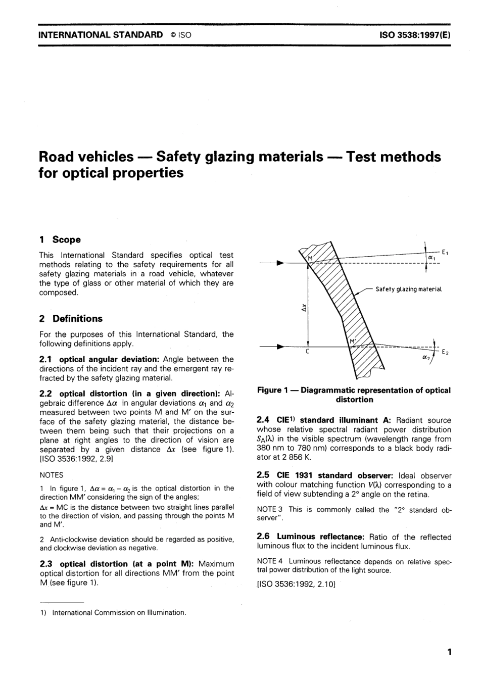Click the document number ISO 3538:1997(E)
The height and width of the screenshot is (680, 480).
click(415, 35)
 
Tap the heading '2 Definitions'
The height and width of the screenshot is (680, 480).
click(71, 318)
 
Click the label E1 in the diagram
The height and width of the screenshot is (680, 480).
click(445, 252)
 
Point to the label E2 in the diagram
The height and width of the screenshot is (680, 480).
click(445, 352)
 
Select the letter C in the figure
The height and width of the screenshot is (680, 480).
click(308, 352)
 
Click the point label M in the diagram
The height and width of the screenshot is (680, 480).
click(311, 259)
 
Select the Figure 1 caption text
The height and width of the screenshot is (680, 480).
click(354, 395)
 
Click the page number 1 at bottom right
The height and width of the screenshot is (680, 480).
click(449, 652)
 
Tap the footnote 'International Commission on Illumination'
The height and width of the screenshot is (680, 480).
click(119, 612)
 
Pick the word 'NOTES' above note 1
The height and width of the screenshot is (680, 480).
click(51, 475)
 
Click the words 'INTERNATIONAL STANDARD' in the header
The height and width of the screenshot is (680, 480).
click(101, 35)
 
